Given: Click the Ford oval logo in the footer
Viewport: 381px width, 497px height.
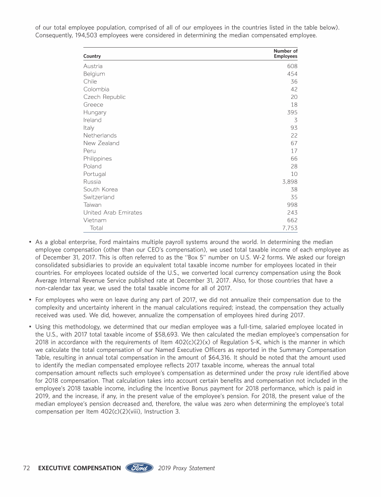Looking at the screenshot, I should pyautogui.click(x=139, y=468).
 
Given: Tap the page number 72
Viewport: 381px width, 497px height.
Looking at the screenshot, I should pyautogui.click(x=28, y=468).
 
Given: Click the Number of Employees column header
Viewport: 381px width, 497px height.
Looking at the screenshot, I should pyautogui.click(x=285, y=54).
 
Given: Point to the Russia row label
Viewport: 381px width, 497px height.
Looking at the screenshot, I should pyautogui.click(x=92, y=182).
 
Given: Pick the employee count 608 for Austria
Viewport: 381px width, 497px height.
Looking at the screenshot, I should pyautogui.click(x=292, y=66).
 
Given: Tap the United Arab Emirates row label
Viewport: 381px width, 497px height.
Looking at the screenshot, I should pyautogui.click(x=113, y=213).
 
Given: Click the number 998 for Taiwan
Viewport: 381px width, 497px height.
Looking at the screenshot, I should pyautogui.click(x=292, y=205).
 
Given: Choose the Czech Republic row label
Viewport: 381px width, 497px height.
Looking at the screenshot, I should pyautogui.click(x=104, y=97).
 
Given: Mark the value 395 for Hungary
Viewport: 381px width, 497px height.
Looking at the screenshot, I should pyautogui.click(x=292, y=112).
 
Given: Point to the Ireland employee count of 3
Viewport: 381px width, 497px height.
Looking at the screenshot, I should pyautogui.click(x=296, y=120).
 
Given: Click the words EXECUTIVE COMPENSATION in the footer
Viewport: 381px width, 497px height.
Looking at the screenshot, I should pyautogui.click(x=79, y=468).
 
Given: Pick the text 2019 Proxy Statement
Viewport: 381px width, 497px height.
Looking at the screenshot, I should pyautogui.click(x=187, y=468).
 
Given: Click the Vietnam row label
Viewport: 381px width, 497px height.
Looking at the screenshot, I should pyautogui.click(x=95, y=220).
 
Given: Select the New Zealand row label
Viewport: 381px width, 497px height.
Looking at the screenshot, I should pyautogui.click(x=101, y=143).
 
